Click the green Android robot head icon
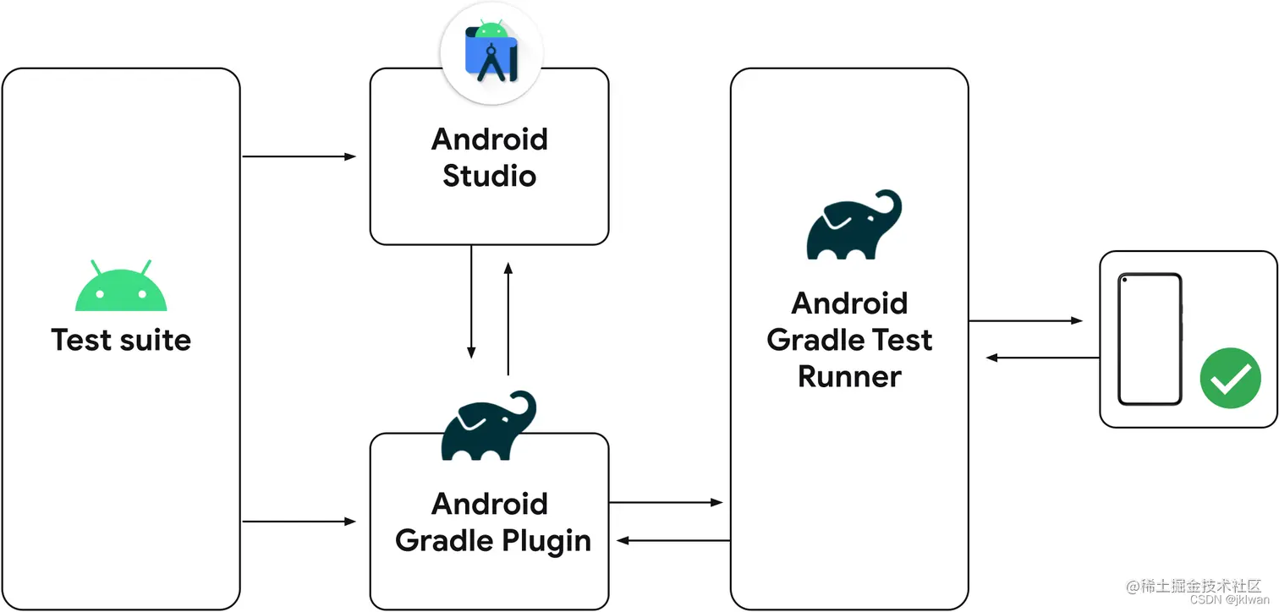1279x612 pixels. [x=121, y=288]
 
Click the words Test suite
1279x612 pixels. [x=121, y=340]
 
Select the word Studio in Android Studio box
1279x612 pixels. [x=489, y=176]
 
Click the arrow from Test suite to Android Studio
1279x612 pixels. [x=299, y=156]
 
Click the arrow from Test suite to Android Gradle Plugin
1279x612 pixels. [x=299, y=522]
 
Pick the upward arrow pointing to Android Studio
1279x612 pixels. [x=508, y=318]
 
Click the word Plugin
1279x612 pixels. [x=541, y=540]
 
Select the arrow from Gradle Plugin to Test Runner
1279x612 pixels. [x=667, y=503]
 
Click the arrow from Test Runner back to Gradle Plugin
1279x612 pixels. [x=673, y=540]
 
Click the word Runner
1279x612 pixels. [x=849, y=376]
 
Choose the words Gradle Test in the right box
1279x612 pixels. [x=849, y=340]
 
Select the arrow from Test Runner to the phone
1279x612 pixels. [x=1025, y=321]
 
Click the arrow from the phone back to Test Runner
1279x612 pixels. [x=1042, y=358]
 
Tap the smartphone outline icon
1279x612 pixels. [x=1149, y=339]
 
